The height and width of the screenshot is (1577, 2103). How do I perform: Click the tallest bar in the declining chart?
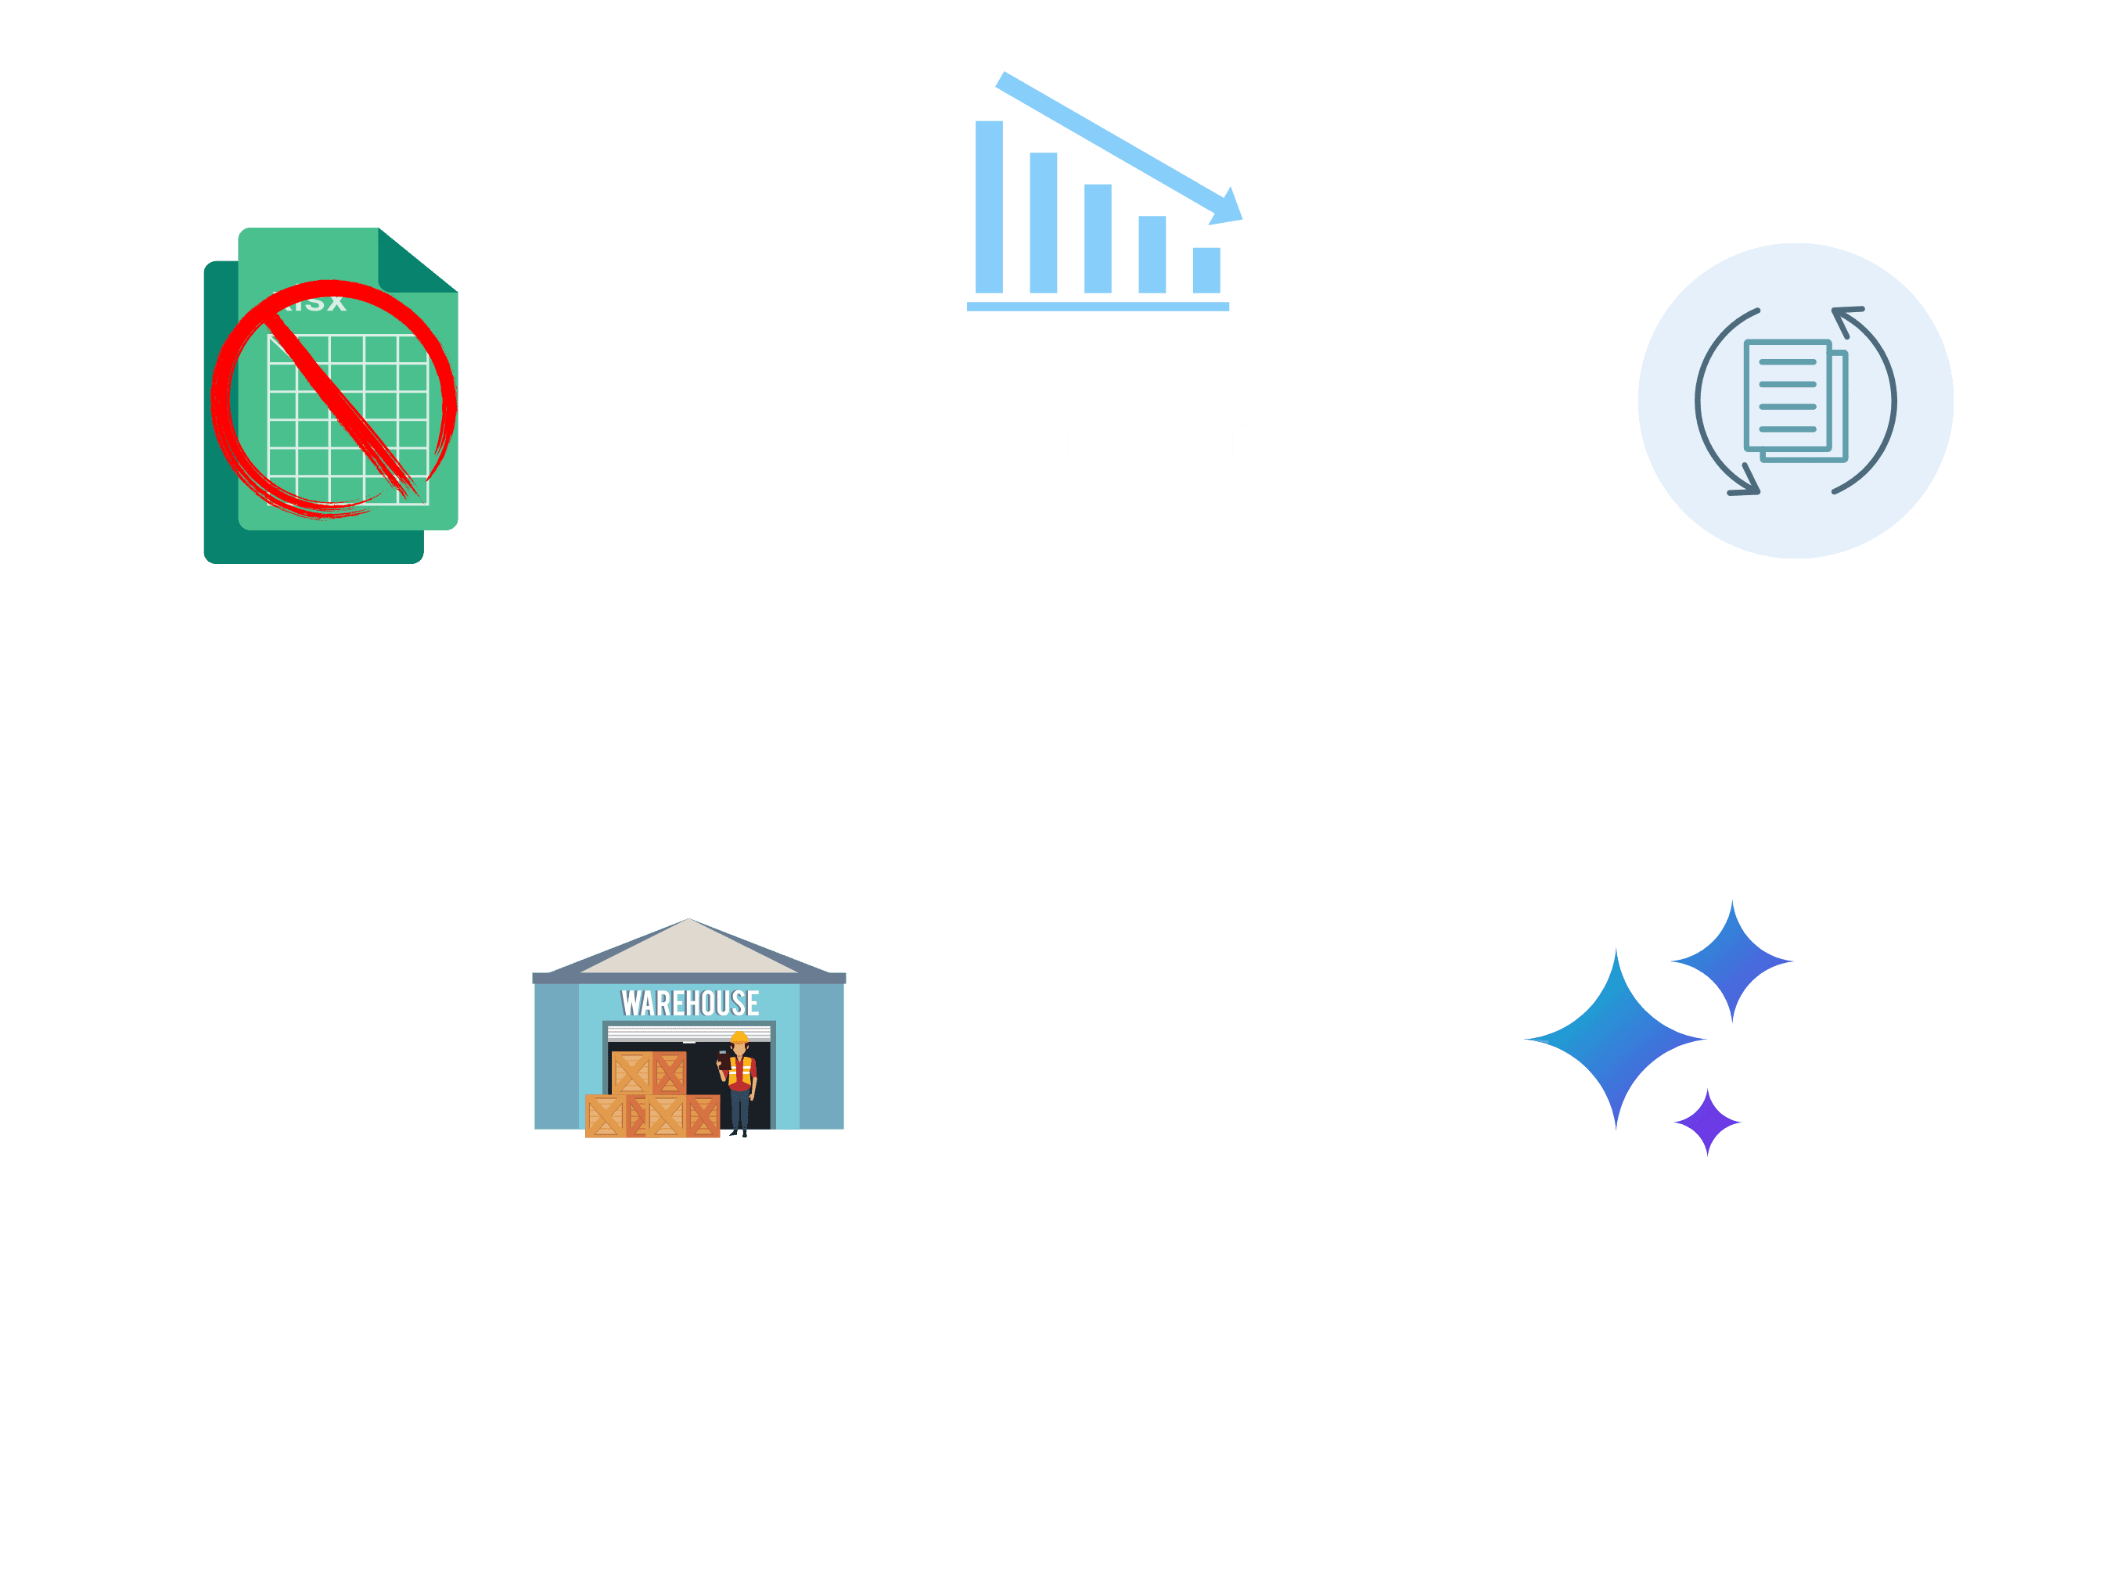[989, 207]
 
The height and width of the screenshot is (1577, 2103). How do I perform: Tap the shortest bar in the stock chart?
[1206, 270]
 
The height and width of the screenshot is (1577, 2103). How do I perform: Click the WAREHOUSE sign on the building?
[689, 1004]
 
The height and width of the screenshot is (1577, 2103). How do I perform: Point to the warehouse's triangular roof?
[688, 949]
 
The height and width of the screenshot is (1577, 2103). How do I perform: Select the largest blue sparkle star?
[1616, 1039]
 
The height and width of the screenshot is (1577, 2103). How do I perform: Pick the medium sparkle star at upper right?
[1732, 961]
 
